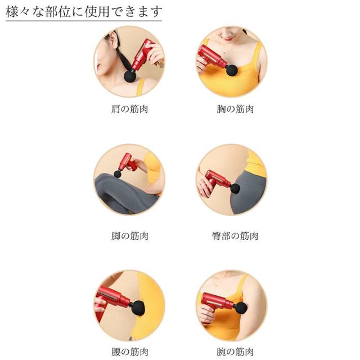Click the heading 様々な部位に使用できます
coord(84,11)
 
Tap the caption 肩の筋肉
coord(129,109)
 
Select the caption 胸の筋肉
coord(235,109)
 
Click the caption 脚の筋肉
coord(129,236)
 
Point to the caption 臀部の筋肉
coord(235,236)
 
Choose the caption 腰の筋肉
coord(129,352)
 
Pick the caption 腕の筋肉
coord(235,352)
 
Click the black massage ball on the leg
coord(118,174)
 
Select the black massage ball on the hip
coord(235,188)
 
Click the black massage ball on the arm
coord(240,308)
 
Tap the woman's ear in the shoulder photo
coord(113,39)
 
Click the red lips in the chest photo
coord(228,39)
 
